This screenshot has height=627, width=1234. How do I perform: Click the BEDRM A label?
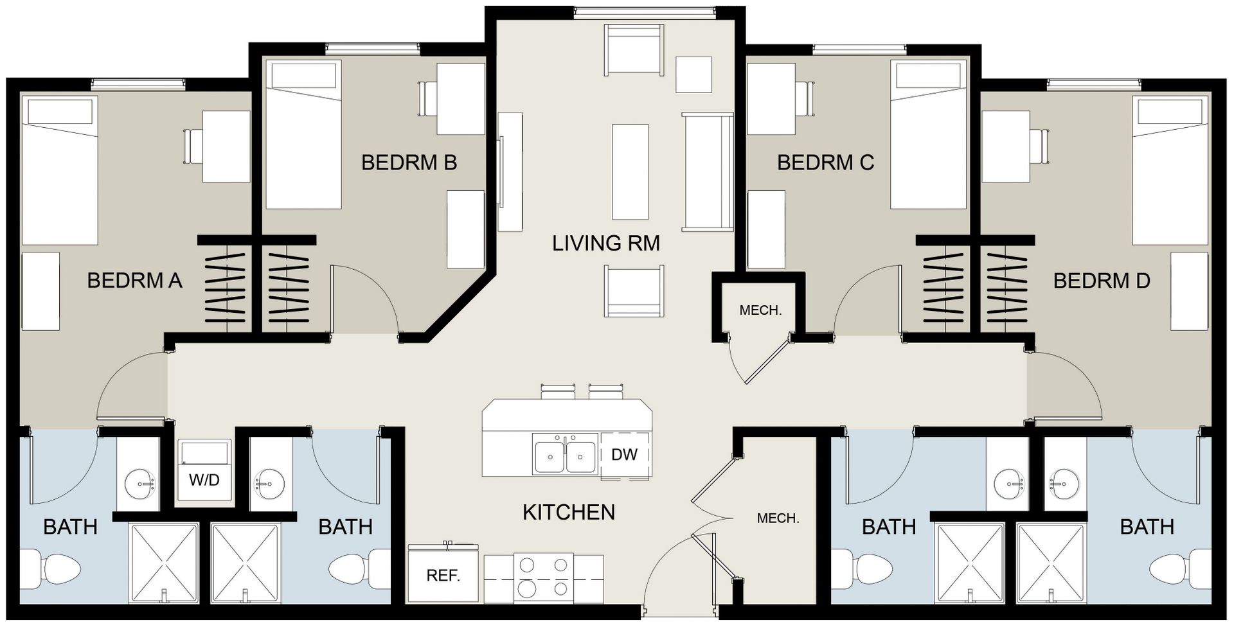(134, 281)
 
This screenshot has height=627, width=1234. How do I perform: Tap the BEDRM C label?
(825, 163)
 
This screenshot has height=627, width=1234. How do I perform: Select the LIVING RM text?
(605, 243)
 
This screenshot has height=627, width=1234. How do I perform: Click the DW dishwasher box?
(624, 455)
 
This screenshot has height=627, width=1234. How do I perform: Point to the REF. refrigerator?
(443, 575)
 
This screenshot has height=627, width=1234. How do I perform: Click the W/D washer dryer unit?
(204, 471)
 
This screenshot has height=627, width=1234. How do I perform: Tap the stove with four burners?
(543, 578)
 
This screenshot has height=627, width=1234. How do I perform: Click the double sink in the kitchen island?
(564, 455)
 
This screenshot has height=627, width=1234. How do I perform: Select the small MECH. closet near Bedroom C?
(760, 311)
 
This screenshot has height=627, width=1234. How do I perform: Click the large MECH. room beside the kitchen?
(778, 518)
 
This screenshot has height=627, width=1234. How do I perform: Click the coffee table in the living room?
(630, 172)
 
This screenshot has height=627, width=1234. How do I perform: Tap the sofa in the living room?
(708, 171)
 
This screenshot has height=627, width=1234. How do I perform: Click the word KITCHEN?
(568, 512)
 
